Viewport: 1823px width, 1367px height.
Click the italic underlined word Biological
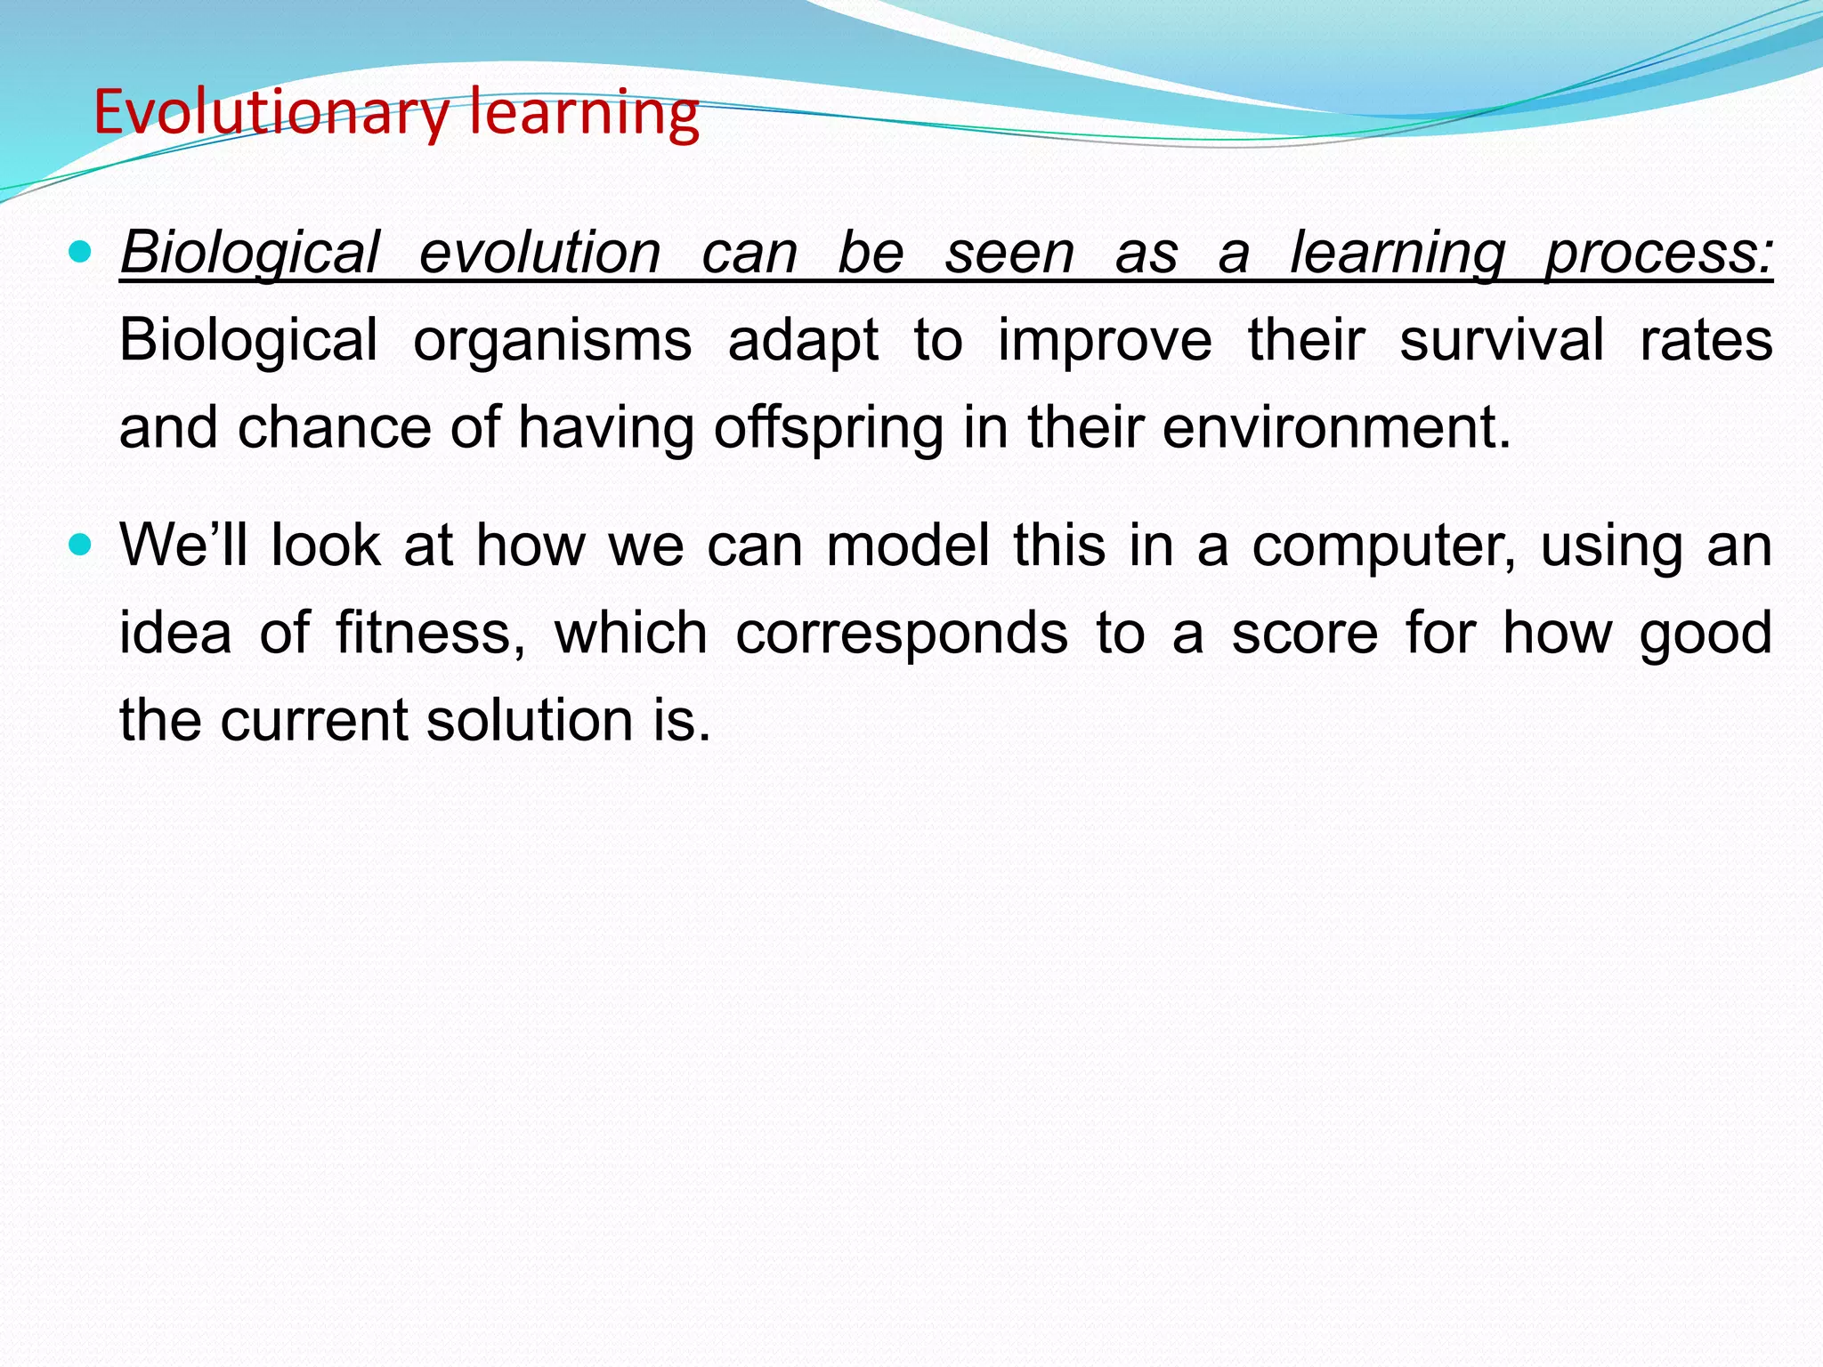click(250, 253)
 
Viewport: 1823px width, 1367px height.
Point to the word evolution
click(539, 253)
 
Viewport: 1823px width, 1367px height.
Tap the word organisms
click(552, 340)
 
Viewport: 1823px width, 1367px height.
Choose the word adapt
click(803, 342)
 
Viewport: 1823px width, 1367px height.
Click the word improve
click(1105, 342)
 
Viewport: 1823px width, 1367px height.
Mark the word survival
click(1502, 340)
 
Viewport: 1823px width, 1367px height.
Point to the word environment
click(1336, 427)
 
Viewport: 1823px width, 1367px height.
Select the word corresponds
click(902, 634)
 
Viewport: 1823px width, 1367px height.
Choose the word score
click(1305, 634)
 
